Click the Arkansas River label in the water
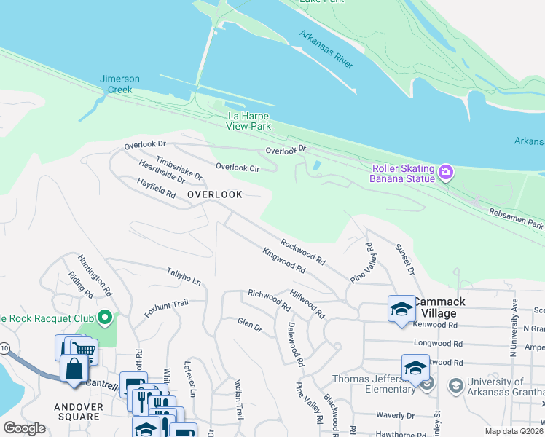click(326, 50)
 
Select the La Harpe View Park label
click(249, 121)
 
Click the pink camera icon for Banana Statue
click(446, 173)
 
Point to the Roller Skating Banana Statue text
click(403, 173)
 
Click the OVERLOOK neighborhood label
click(214, 194)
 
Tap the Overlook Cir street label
click(238, 167)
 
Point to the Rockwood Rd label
click(303, 250)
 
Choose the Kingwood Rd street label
click(284, 259)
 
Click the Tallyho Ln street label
click(184, 276)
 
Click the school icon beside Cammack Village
click(401, 310)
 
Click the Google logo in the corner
click(24, 428)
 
